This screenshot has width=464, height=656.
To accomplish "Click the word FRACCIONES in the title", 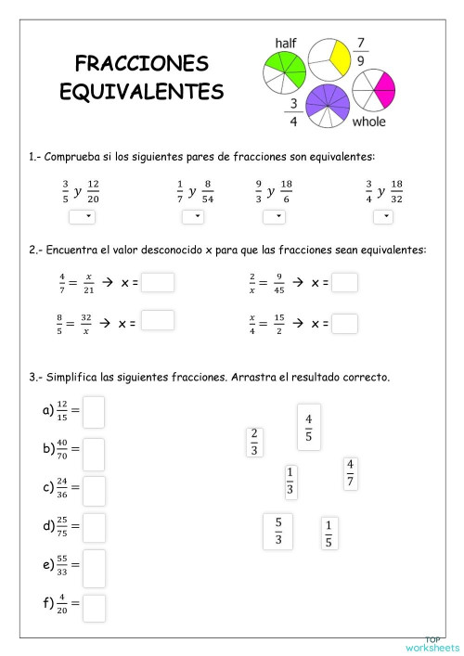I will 141,63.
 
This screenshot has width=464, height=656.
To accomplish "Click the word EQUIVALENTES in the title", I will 141,92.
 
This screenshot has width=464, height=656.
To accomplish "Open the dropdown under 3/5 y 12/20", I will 81,216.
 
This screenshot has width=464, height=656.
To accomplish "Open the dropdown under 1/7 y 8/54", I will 192,216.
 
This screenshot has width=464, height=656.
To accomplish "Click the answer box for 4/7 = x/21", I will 158,281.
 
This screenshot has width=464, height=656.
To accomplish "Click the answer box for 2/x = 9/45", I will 344,281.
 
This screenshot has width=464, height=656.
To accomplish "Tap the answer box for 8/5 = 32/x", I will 158,320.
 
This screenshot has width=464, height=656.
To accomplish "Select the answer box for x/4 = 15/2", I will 344,323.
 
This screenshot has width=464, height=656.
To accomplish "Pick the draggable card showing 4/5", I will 308,426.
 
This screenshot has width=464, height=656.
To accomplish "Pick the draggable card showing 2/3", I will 254,442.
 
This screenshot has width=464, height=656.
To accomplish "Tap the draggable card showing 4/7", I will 350,473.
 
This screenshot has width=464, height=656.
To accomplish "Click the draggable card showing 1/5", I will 329,534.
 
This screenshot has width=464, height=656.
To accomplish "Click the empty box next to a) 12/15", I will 94,412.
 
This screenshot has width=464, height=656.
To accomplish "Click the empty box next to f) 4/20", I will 94,607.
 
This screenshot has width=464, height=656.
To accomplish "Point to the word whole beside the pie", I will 368,122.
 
